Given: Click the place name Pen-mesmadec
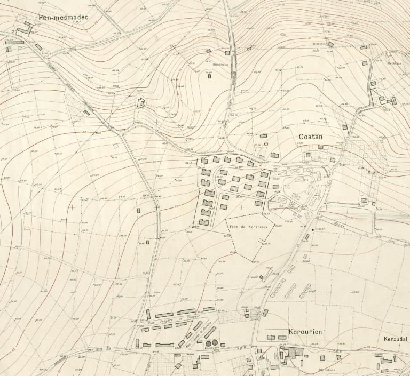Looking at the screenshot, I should pos(62,18).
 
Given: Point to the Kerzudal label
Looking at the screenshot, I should pos(396,339).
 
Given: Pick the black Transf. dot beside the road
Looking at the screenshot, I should pos(313,229).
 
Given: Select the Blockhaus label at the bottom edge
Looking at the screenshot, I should pos(326,370).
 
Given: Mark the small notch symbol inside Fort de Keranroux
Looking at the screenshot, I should pos(262,243).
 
